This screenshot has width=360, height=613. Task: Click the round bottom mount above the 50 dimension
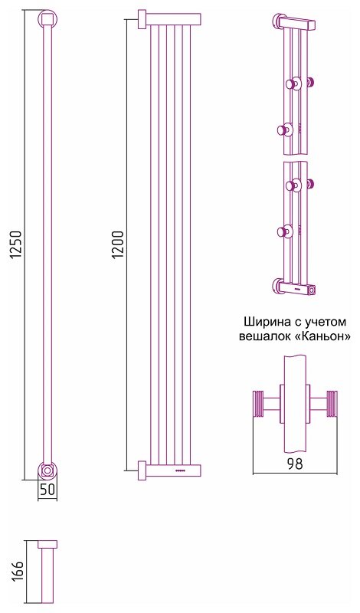click(x=47, y=470)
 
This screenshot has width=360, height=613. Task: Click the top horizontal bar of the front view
click(x=170, y=18)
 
